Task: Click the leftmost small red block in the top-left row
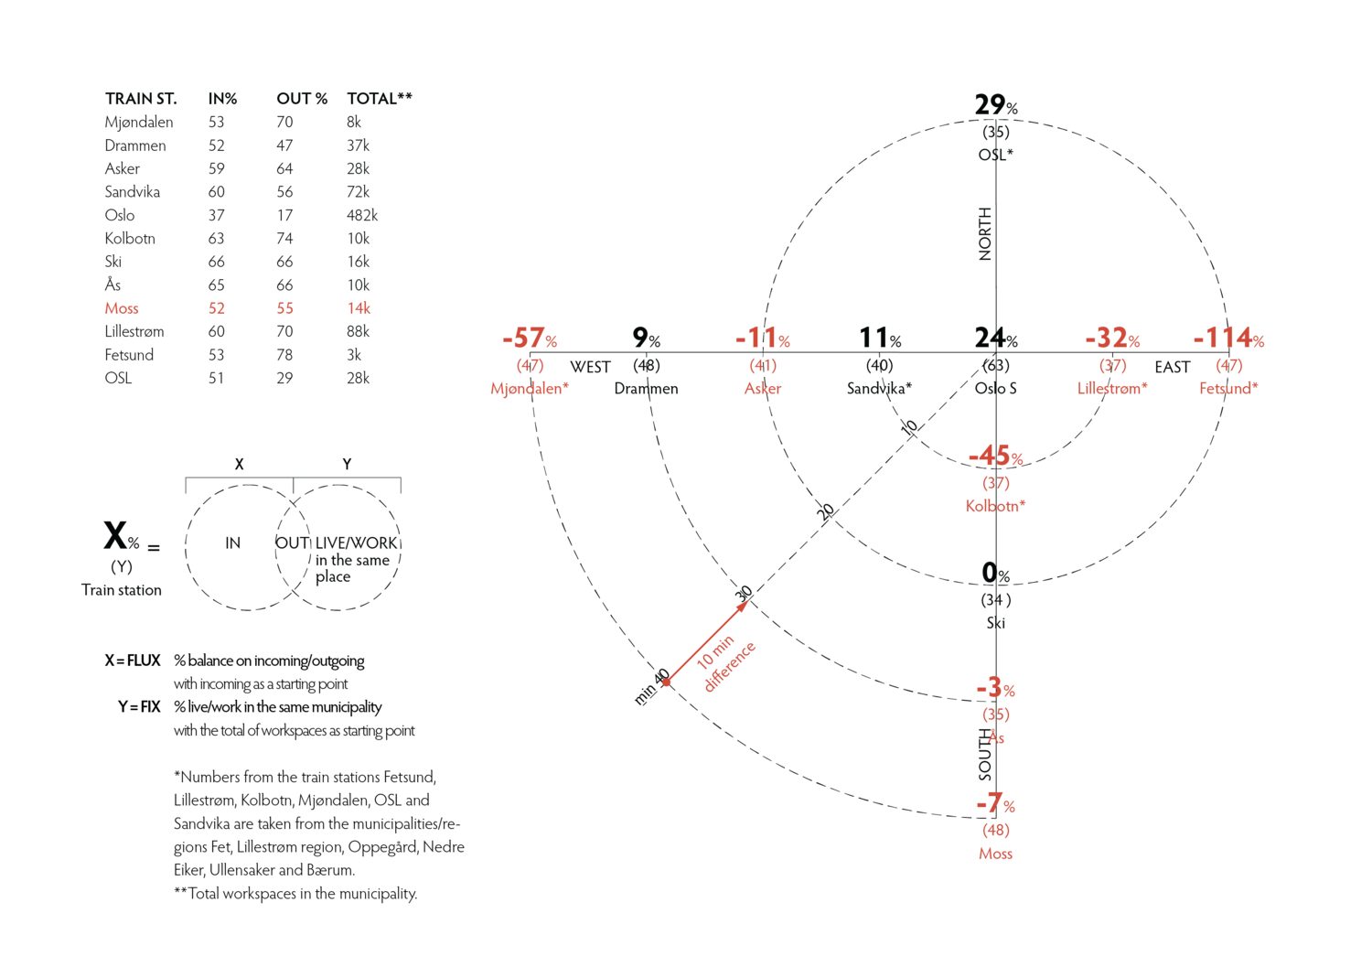[124, 313]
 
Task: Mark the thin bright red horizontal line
[608, 378]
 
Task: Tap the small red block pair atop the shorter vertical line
[765, 339]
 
